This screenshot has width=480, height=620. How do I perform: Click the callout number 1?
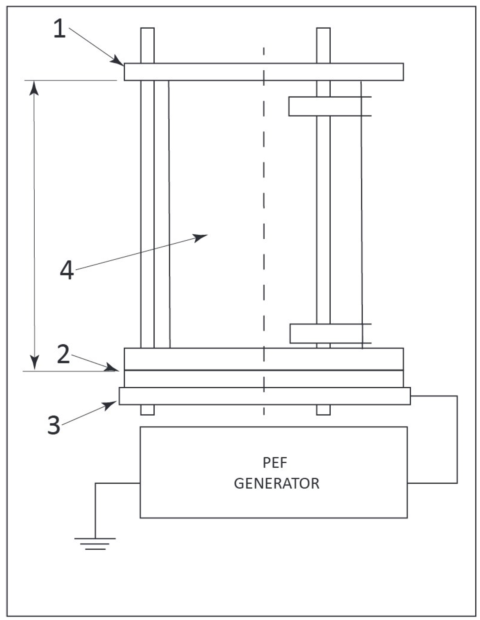60,29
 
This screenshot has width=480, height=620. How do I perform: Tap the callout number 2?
63,354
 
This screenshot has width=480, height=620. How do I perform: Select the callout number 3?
54,425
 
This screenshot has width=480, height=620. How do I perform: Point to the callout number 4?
67,271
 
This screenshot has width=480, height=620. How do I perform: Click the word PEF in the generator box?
275,463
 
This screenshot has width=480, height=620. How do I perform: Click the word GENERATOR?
276,483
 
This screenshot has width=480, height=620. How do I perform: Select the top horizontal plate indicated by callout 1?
263,72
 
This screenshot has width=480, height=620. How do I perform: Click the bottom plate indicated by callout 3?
264,396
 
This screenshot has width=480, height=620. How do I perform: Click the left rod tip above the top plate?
147,45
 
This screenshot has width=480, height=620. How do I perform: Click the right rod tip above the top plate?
323,45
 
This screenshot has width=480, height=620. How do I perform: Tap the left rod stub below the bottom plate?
147,410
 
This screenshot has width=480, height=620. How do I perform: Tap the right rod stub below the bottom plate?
323,410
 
